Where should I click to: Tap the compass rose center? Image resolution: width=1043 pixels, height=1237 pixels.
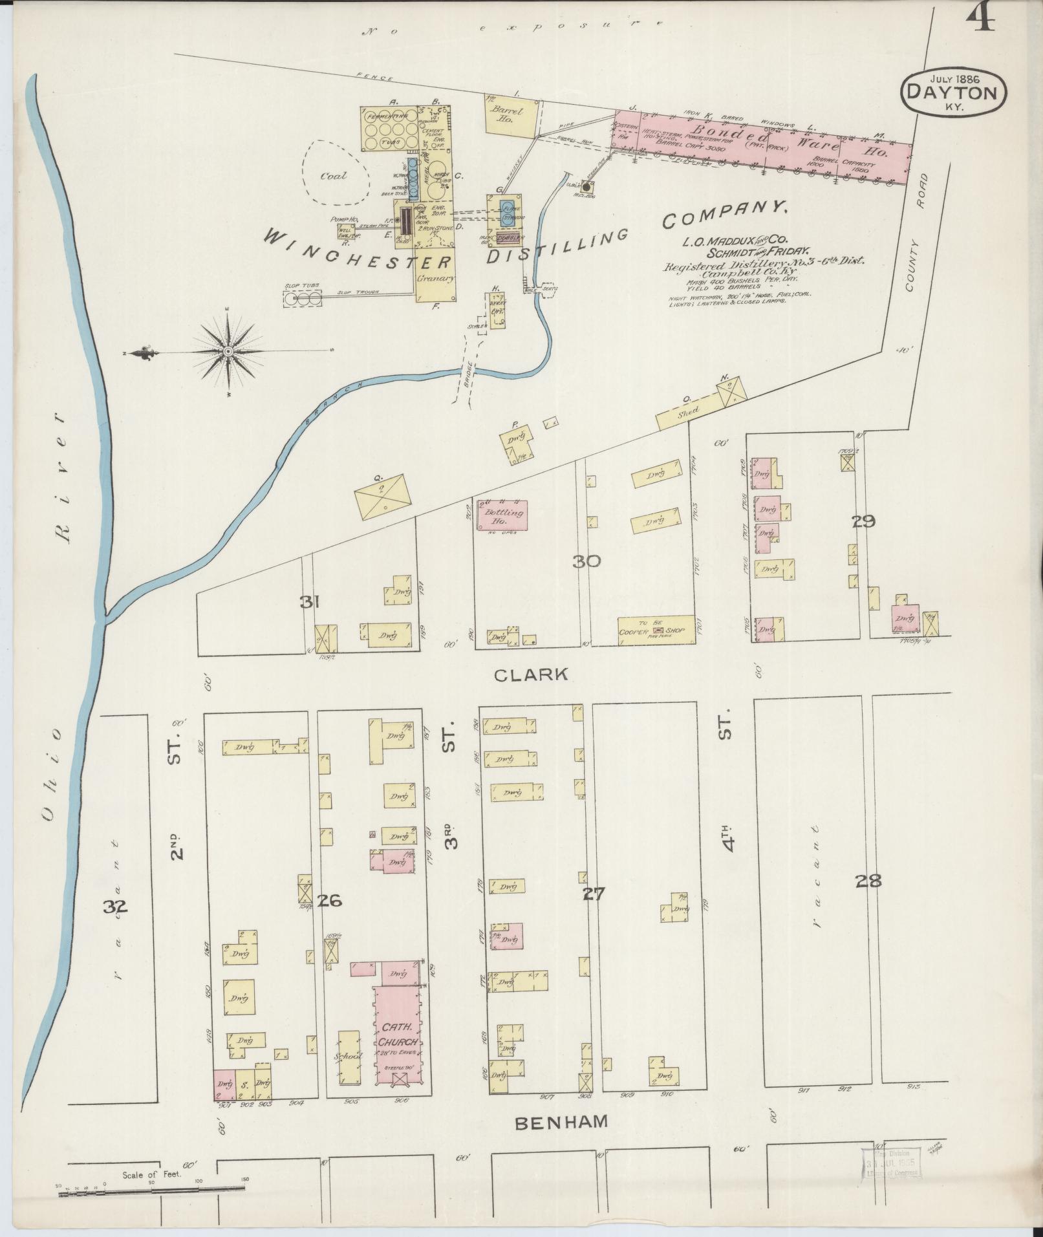pyautogui.click(x=228, y=351)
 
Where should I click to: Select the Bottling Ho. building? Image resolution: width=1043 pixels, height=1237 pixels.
pyautogui.click(x=502, y=515)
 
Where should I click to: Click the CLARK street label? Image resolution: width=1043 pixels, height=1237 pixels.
pyautogui.click(x=531, y=675)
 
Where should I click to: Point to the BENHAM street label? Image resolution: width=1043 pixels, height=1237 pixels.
pyautogui.click(x=561, y=1121)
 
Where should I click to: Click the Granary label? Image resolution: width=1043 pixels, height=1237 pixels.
pyautogui.click(x=436, y=279)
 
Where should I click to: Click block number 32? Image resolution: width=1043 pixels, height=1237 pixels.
pyautogui.click(x=115, y=908)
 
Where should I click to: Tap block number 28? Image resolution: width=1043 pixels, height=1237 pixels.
pyautogui.click(x=868, y=880)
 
